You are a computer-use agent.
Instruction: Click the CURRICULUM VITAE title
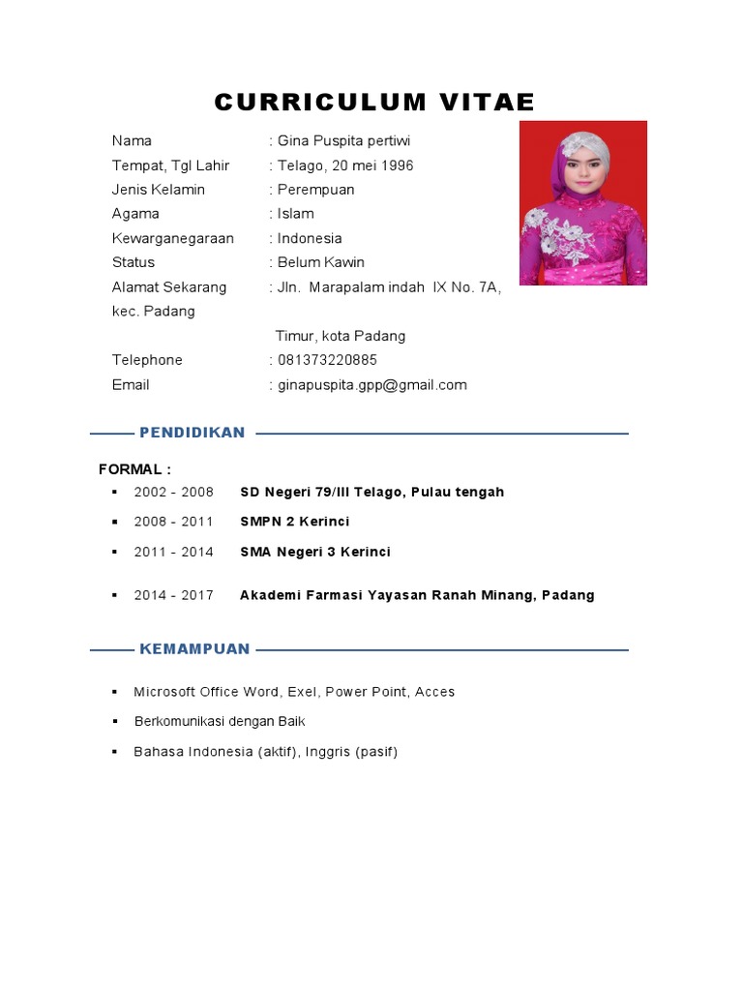click(x=374, y=103)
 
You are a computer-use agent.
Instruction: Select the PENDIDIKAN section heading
click(x=192, y=433)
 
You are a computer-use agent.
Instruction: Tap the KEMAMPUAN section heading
click(x=194, y=649)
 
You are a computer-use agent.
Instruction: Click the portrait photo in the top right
click(x=582, y=203)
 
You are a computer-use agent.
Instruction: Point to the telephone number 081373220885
click(x=327, y=360)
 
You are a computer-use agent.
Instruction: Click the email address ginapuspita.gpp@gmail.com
click(x=371, y=385)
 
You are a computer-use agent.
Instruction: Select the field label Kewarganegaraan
click(x=172, y=238)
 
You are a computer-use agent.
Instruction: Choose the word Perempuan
click(x=315, y=190)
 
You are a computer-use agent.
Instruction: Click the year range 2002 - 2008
click(x=173, y=492)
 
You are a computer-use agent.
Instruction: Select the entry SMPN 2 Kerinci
click(x=294, y=522)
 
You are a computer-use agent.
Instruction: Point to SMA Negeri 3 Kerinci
click(x=314, y=552)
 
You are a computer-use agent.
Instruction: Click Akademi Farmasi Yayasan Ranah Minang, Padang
click(x=417, y=595)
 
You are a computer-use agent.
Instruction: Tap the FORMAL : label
click(x=134, y=469)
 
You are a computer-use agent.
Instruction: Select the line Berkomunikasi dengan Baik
click(x=219, y=722)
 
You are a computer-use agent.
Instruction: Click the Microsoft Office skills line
click(x=293, y=692)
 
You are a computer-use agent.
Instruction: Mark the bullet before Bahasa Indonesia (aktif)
click(x=113, y=751)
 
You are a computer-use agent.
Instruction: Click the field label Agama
click(x=135, y=214)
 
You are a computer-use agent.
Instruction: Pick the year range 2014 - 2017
click(x=173, y=595)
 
